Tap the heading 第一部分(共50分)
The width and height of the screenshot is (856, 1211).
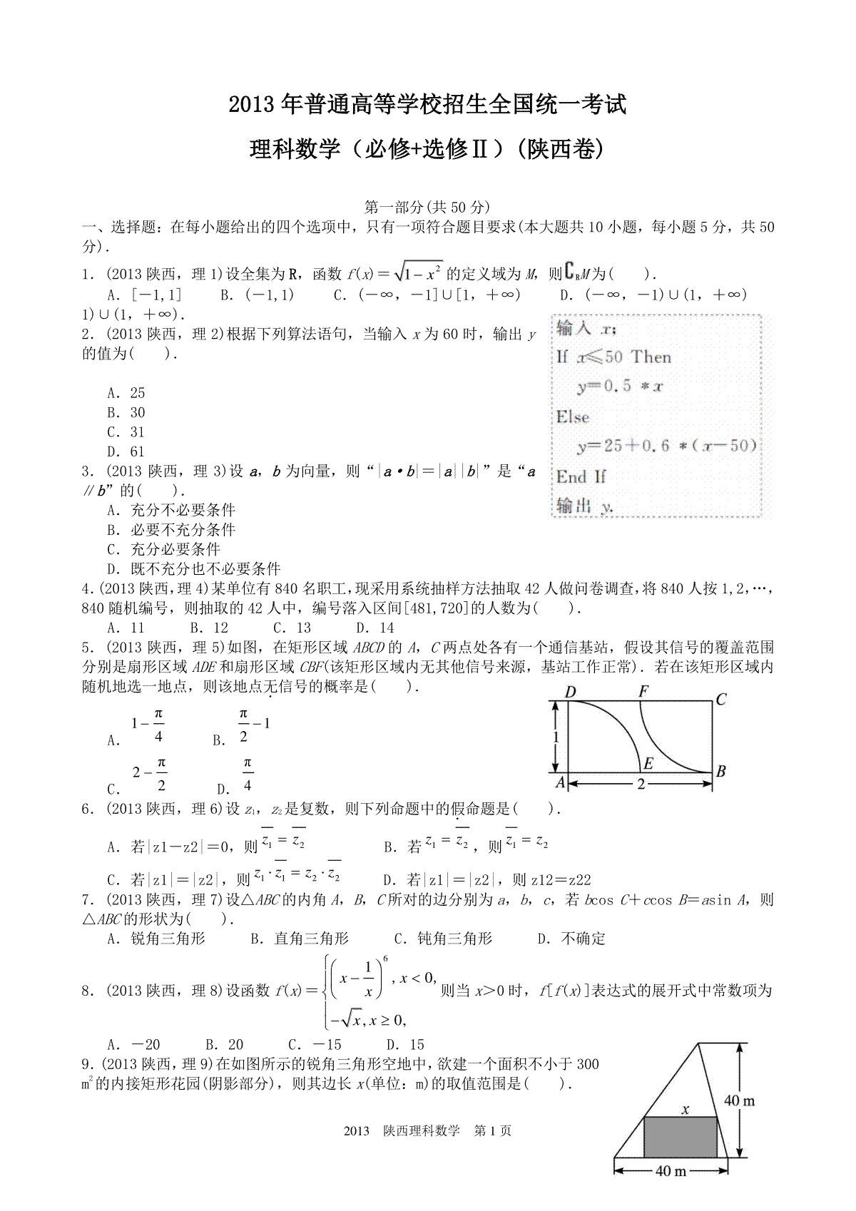pyautogui.click(x=427, y=207)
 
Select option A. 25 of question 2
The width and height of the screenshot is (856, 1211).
pyautogui.click(x=126, y=393)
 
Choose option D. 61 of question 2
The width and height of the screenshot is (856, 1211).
pyautogui.click(x=126, y=451)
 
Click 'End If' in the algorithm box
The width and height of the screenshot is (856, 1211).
pyautogui.click(x=581, y=476)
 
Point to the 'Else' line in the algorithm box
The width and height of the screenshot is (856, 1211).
pyautogui.click(x=573, y=417)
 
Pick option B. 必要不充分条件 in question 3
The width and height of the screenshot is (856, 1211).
pyautogui.click(x=171, y=530)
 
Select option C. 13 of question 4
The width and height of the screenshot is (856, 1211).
pyautogui.click(x=292, y=628)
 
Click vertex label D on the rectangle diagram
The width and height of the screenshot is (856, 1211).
pyautogui.click(x=569, y=691)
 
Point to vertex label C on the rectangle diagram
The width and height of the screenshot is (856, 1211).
pyautogui.click(x=720, y=699)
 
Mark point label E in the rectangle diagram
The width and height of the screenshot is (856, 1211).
pyautogui.click(x=648, y=764)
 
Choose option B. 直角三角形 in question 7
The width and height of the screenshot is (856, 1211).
pyautogui.click(x=300, y=939)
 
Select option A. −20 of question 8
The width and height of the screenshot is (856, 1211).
pyautogui.click(x=133, y=1045)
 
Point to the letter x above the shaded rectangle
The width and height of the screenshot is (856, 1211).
pyautogui.click(x=686, y=1109)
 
